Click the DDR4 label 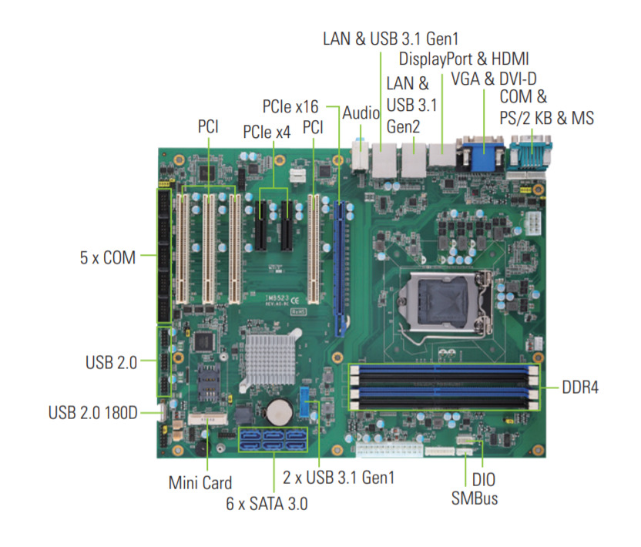(x=579, y=388)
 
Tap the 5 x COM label (x=108, y=257)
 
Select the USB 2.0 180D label (x=92, y=412)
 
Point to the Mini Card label (x=200, y=483)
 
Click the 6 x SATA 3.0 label (x=267, y=504)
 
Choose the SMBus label (x=475, y=498)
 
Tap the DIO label (x=484, y=479)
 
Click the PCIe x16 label (x=290, y=106)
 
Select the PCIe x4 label (x=267, y=132)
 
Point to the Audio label (x=361, y=113)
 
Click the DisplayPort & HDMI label (x=464, y=59)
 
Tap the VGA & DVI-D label (x=494, y=79)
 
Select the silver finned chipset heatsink (x=270, y=358)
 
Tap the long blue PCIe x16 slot (x=340, y=268)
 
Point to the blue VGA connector (x=483, y=154)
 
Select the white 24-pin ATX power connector (x=389, y=449)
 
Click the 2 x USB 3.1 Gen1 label (x=338, y=478)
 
